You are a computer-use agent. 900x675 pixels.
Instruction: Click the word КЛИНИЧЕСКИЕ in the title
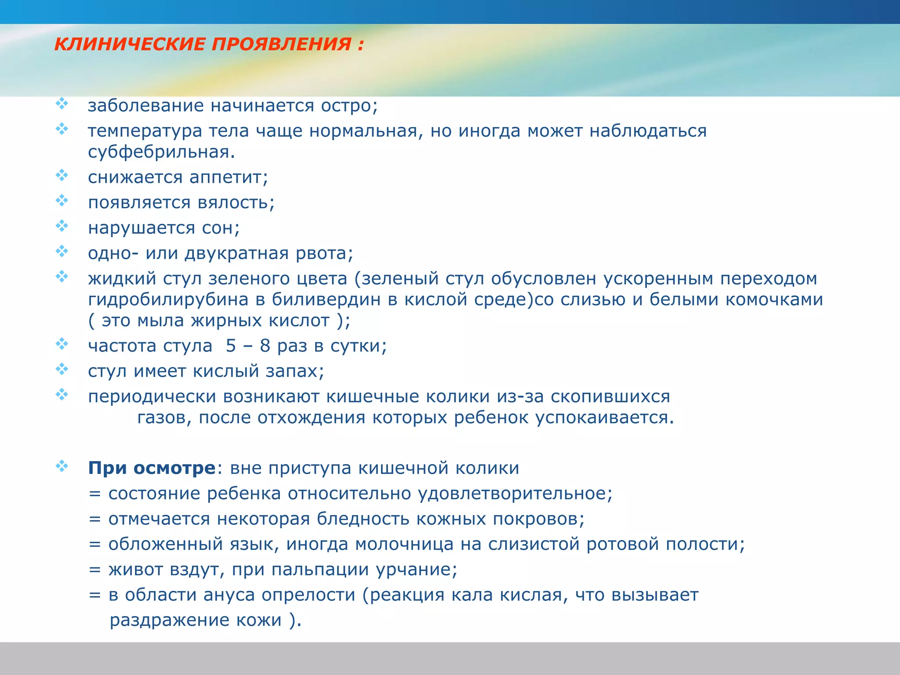coord(130,44)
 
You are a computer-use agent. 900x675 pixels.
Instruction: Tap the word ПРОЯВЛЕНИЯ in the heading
coord(282,44)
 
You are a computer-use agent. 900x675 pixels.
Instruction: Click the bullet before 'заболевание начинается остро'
coord(62,104)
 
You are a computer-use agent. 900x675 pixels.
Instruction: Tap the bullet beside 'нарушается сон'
coord(62,226)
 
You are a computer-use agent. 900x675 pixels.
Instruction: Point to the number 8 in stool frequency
coord(265,346)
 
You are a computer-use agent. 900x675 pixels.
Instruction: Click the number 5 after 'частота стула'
coord(231,346)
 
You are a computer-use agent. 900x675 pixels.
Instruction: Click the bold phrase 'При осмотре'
coord(152,468)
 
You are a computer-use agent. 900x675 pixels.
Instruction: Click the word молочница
coord(404,544)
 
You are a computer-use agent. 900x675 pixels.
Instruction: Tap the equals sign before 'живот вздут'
coord(95,570)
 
